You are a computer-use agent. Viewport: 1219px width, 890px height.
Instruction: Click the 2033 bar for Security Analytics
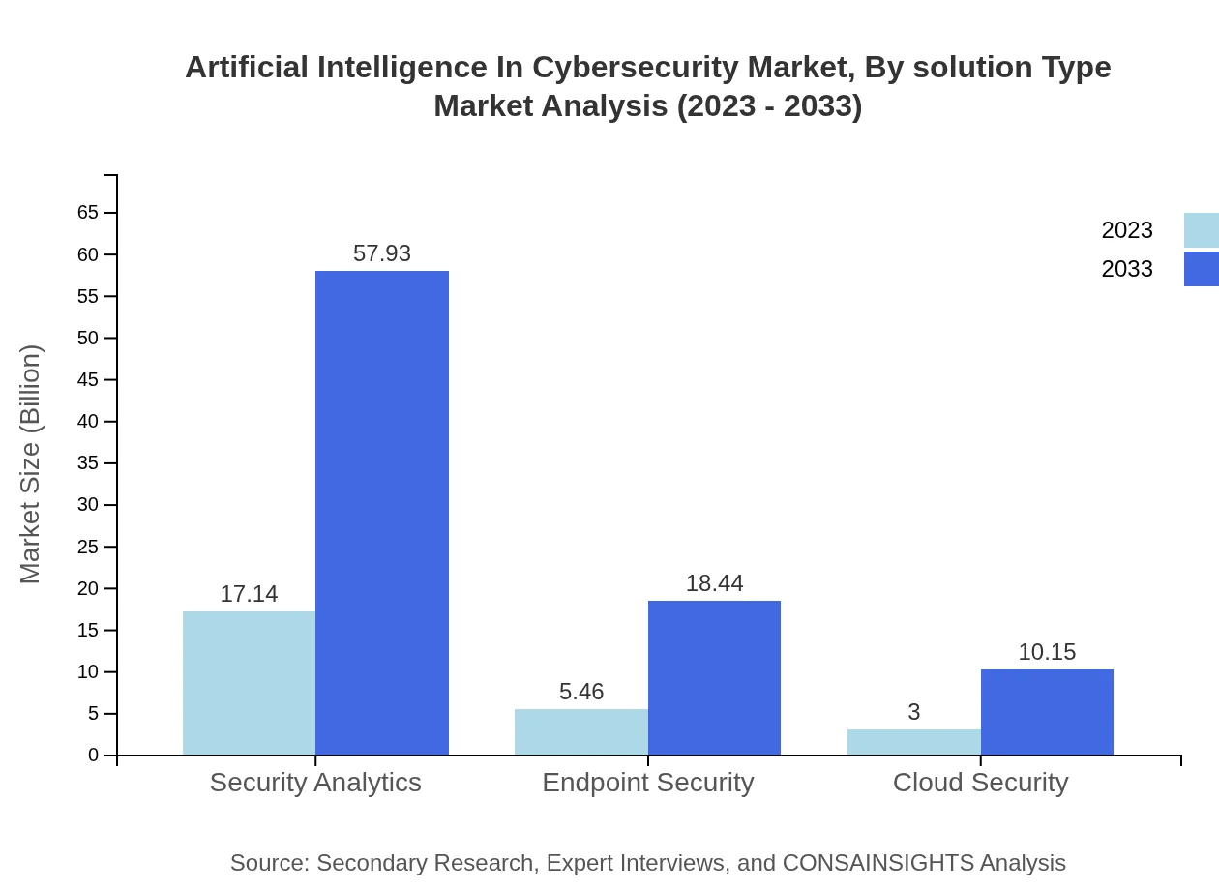382,513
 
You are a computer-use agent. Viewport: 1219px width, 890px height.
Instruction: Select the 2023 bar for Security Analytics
249,683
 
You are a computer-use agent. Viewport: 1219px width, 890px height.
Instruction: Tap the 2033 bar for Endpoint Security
714,677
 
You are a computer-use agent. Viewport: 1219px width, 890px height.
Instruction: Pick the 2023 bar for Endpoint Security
580,732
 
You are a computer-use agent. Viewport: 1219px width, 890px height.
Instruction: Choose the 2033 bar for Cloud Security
1047,712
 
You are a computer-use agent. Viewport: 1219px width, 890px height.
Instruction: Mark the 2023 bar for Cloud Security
913,742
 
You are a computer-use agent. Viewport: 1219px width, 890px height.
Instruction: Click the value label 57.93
382,253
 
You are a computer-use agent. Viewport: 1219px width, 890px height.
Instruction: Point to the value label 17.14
249,594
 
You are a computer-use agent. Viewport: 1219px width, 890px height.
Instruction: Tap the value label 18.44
714,583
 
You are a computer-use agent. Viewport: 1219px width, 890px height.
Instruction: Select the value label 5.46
580,692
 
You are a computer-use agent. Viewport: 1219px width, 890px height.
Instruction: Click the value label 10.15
1047,652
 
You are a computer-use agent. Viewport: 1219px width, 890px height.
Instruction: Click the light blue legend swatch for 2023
1201,230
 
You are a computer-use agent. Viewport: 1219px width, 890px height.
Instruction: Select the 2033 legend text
1127,269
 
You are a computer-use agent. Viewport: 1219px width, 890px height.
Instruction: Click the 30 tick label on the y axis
88,505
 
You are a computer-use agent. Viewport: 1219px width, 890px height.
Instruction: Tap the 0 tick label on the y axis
94,756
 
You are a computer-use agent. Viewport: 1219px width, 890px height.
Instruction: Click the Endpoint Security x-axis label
647,782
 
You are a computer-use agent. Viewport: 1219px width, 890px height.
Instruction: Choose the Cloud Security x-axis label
980,782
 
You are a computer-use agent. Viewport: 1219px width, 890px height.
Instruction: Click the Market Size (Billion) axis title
31,464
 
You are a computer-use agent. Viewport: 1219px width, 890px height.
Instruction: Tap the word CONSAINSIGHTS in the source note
877,863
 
